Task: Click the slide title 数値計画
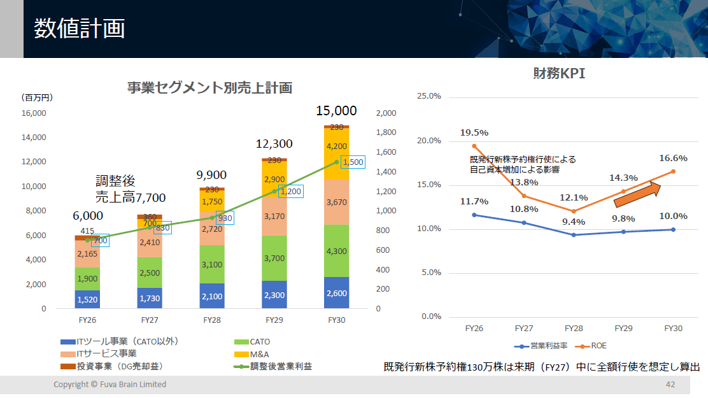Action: point(79,29)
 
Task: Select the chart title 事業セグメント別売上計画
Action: point(209,88)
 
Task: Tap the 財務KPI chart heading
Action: point(558,73)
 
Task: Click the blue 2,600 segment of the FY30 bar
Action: point(336,294)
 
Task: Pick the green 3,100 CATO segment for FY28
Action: point(212,264)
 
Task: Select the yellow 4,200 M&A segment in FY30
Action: point(336,146)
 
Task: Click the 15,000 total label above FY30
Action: point(336,111)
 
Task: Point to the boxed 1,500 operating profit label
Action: point(352,162)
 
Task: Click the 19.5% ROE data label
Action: point(474,132)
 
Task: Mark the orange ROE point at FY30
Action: point(673,171)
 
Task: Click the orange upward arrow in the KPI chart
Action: point(637,194)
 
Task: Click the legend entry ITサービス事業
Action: point(106,353)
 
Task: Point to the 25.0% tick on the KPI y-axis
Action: point(428,96)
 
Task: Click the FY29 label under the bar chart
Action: point(274,320)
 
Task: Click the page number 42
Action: point(670,385)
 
